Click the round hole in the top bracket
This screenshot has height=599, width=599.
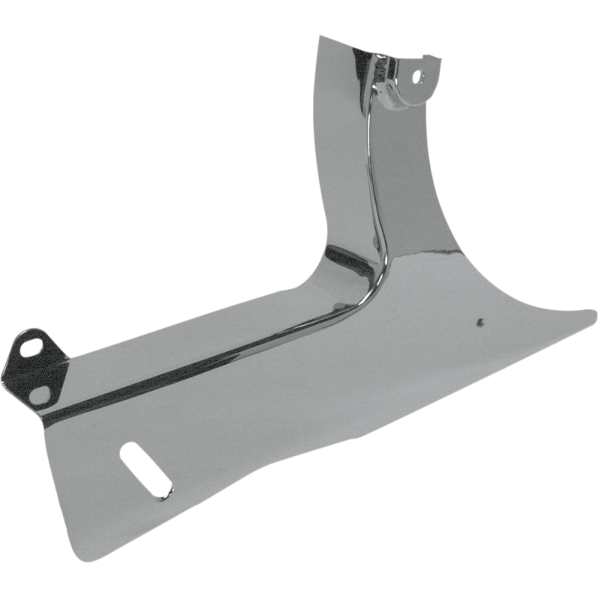pyautogui.click(x=417, y=76)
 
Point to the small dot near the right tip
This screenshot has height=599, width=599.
pyautogui.click(x=477, y=323)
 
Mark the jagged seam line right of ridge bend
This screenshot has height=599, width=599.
pyautogui.click(x=419, y=258)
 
